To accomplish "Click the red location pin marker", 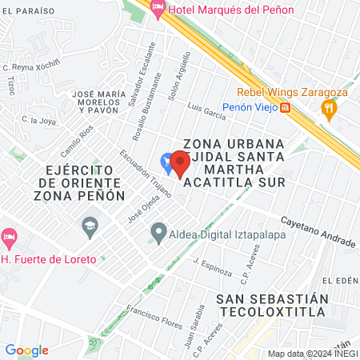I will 180,165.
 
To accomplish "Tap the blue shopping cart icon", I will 166,162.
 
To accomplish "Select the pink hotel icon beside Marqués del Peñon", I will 158,10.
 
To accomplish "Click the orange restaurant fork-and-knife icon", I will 327,108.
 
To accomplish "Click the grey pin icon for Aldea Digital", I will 158,232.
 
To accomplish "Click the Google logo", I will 26,350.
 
